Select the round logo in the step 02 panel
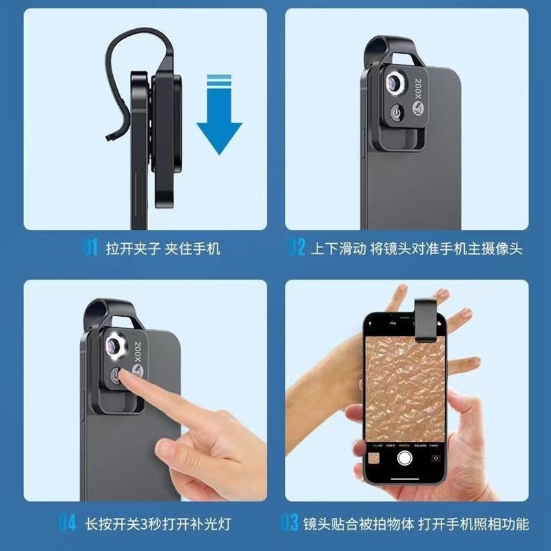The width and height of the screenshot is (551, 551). (x=417, y=110)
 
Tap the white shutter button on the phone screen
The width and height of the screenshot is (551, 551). (x=406, y=458)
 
